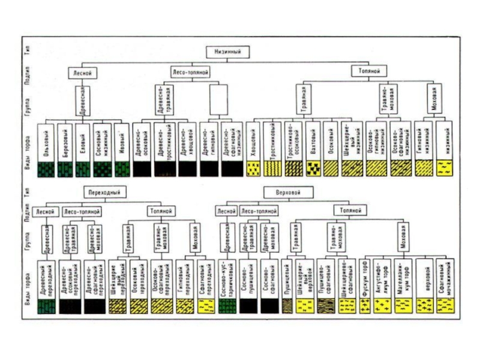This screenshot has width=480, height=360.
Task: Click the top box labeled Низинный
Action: click(x=227, y=52)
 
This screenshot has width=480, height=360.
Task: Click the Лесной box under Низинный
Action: click(x=82, y=73)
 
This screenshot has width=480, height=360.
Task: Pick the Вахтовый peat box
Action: click(x=311, y=141)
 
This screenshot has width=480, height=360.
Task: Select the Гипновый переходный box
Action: click(x=185, y=277)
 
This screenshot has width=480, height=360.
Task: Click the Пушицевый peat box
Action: click(x=289, y=277)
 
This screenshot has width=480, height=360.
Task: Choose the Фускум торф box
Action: click(x=364, y=277)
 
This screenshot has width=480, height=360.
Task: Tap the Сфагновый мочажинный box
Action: click(x=445, y=277)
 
